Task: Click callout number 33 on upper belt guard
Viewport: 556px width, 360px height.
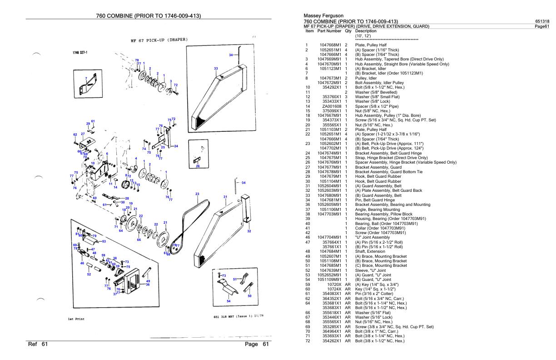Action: (216, 68)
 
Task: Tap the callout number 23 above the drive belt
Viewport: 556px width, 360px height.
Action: (197, 194)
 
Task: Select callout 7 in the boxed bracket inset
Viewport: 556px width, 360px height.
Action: (86, 79)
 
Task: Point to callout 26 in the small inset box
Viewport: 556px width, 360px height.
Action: (198, 166)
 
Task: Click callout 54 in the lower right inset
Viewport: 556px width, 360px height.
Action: (228, 301)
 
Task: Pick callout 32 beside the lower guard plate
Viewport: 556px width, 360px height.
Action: (249, 231)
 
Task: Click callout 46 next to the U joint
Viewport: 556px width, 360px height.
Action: (82, 263)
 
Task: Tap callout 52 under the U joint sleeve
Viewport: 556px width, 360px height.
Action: (89, 274)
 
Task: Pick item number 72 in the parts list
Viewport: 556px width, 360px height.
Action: (308, 340)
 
